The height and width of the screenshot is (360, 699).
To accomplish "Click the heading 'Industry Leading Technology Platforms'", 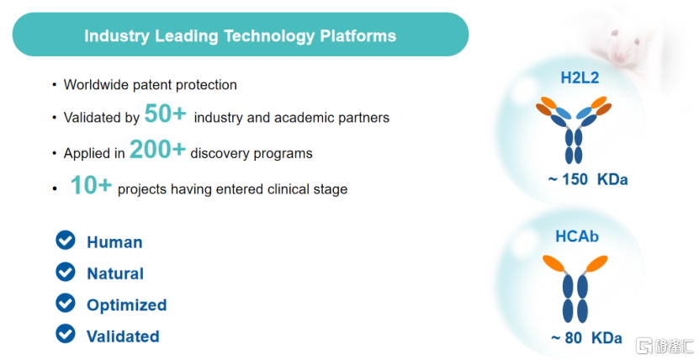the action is click(241, 35).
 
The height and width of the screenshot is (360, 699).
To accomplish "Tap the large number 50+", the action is click(165, 113).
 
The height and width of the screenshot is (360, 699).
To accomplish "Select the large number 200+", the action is click(157, 149).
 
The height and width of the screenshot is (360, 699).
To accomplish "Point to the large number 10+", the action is click(91, 184).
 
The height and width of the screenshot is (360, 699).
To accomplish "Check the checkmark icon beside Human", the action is click(66, 241).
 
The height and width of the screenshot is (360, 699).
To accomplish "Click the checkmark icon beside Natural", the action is click(66, 272).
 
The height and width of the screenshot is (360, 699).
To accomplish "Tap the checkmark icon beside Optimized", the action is click(66, 303).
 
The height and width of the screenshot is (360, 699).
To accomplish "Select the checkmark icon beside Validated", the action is click(66, 334).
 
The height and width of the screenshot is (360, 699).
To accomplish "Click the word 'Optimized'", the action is click(127, 305).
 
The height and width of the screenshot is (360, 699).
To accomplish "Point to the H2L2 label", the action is click(580, 77).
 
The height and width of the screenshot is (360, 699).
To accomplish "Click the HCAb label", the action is click(577, 236).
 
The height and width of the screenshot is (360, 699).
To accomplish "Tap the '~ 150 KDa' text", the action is click(588, 179).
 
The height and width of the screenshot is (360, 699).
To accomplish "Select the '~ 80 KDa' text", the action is click(586, 338).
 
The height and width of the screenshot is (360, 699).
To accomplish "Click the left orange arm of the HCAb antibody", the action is click(554, 263).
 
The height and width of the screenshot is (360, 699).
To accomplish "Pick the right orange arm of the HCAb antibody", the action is click(596, 263).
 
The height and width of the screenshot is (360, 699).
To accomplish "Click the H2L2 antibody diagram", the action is click(574, 130).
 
